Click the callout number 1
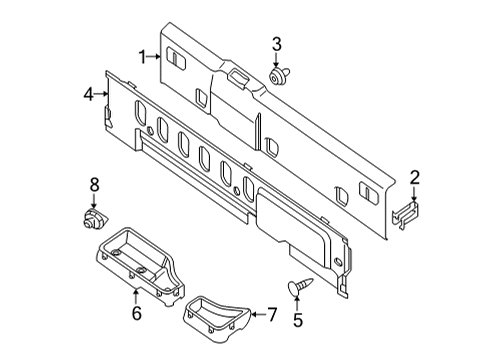point(143,57)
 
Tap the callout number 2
point(414,178)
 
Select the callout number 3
point(277,43)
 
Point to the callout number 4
point(88,93)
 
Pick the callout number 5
point(296,320)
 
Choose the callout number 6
point(136,312)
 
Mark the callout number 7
point(270,315)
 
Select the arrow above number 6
point(136,295)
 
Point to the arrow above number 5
point(296,304)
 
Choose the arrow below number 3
point(277,58)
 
